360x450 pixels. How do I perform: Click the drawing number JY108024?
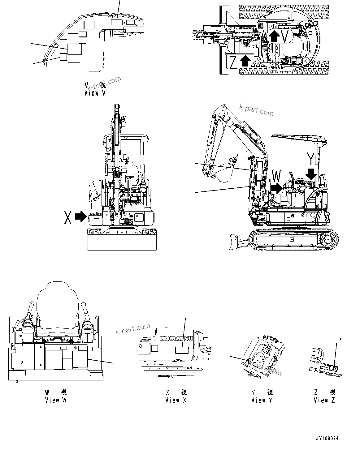327,438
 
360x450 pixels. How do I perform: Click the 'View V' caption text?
95,93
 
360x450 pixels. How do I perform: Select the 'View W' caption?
55,400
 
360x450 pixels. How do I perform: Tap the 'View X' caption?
176,400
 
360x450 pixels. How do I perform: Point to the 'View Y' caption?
262,400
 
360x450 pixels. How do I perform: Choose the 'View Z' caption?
324,400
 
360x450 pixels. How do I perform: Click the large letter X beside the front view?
68,217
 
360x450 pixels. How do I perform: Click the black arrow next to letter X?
81,217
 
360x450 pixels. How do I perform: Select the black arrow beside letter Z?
245,61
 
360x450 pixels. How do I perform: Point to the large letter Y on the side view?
311,159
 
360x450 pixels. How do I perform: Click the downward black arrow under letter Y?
311,174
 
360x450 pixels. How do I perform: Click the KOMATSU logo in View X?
176,339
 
